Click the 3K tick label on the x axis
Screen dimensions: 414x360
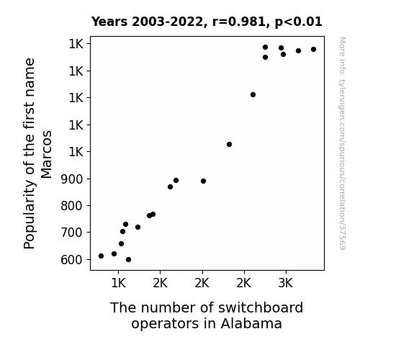285,283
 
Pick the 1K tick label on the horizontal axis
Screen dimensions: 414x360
118,283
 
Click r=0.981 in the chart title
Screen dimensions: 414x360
239,22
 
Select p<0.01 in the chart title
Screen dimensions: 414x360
298,22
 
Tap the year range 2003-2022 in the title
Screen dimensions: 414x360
167,22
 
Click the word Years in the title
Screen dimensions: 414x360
109,22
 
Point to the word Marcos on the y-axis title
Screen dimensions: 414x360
46,155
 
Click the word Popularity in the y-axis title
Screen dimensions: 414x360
29,215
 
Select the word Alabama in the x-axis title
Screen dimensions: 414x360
251,323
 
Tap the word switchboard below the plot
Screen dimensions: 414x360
261,307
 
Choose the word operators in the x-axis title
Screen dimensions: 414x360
166,325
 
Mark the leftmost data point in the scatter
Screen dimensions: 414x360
101,256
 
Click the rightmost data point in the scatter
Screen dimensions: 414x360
313,50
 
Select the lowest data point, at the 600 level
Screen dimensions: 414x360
128,260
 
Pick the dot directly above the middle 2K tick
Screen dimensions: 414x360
203,181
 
